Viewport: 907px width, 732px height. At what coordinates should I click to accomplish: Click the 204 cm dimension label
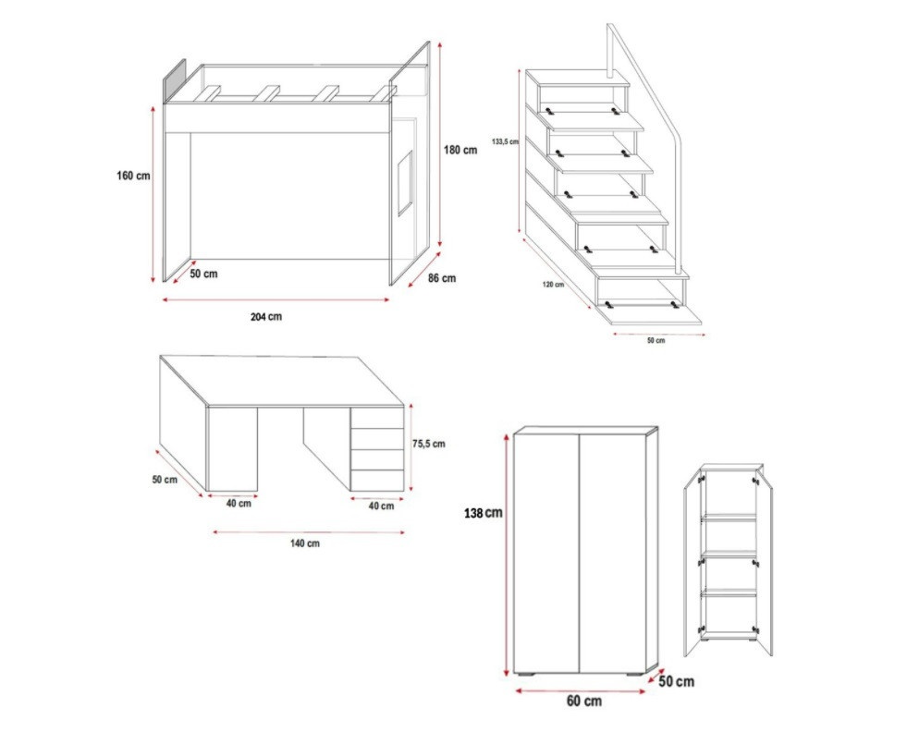[x=266, y=317]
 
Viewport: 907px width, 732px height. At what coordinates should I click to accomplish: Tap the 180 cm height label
[x=460, y=150]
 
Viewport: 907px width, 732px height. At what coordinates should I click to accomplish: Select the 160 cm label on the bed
[x=133, y=176]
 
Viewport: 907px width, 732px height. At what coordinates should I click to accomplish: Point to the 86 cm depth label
[x=441, y=278]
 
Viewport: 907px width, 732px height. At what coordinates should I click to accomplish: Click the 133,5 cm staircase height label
[x=505, y=141]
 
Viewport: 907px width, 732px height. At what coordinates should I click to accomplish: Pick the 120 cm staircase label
[x=553, y=285]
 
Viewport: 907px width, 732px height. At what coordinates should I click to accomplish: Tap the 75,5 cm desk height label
[x=429, y=444]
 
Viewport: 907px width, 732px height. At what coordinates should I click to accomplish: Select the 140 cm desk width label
[x=305, y=543]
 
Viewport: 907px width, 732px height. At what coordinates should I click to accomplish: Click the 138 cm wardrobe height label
[x=483, y=513]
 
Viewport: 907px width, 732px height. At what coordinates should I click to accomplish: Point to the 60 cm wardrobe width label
[x=583, y=701]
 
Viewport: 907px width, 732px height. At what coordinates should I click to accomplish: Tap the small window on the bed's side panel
[x=406, y=183]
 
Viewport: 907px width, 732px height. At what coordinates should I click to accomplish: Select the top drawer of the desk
[x=376, y=419]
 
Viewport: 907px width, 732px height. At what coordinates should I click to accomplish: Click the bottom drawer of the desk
[x=376, y=481]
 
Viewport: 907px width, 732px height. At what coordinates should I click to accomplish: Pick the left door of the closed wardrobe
[x=546, y=554]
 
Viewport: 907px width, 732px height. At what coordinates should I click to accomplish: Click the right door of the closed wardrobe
[x=613, y=554]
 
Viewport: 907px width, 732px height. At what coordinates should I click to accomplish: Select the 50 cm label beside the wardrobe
[x=676, y=682]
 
